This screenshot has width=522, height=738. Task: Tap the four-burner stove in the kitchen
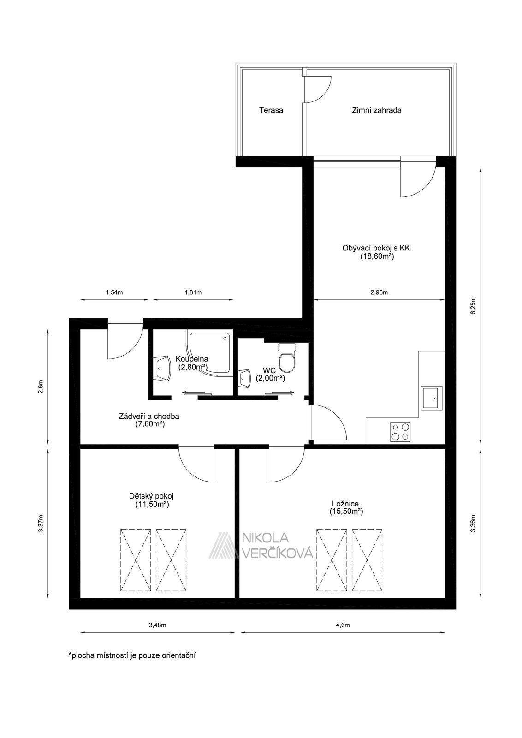400,432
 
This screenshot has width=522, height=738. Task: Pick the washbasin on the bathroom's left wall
163,369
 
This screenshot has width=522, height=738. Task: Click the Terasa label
271,110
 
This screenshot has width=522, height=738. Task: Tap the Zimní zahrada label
376,110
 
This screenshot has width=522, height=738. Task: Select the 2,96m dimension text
379,292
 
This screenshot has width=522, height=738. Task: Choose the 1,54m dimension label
114,292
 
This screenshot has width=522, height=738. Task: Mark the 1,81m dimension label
193,292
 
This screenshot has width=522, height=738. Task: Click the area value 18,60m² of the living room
377,256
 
